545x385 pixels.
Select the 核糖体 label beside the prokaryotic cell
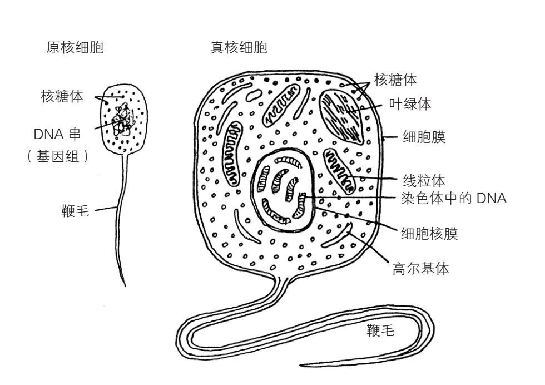click(x=62, y=96)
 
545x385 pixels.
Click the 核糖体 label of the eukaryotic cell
click(x=395, y=80)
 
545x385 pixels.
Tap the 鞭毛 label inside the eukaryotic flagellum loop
click(x=381, y=332)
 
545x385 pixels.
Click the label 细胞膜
click(x=424, y=137)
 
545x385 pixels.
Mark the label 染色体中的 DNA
click(x=454, y=198)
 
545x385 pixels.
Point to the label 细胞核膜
click(x=429, y=234)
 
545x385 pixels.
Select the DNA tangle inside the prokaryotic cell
click(x=121, y=120)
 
